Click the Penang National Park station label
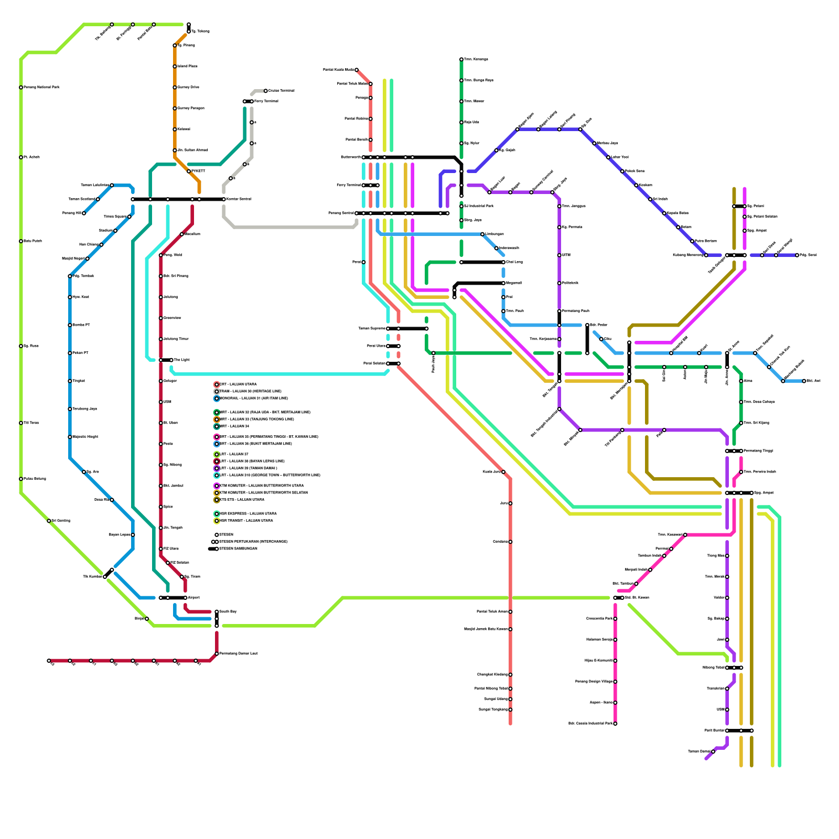tap(41, 88)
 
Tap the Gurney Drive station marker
tap(175, 88)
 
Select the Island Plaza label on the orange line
tap(187, 67)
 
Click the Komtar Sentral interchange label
tap(239, 199)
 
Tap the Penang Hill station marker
tap(84, 213)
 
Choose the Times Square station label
tap(115, 217)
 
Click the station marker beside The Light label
tap(171, 360)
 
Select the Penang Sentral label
tap(341, 213)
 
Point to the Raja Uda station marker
tap(461, 122)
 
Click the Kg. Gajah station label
tap(507, 150)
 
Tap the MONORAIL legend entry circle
tap(217, 399)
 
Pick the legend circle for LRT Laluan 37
tap(217, 455)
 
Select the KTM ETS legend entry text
tap(242, 500)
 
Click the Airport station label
tap(193, 598)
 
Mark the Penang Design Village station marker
tap(615, 682)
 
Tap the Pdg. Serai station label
tap(808, 255)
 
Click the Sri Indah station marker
tap(650, 199)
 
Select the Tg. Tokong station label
tap(200, 31)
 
